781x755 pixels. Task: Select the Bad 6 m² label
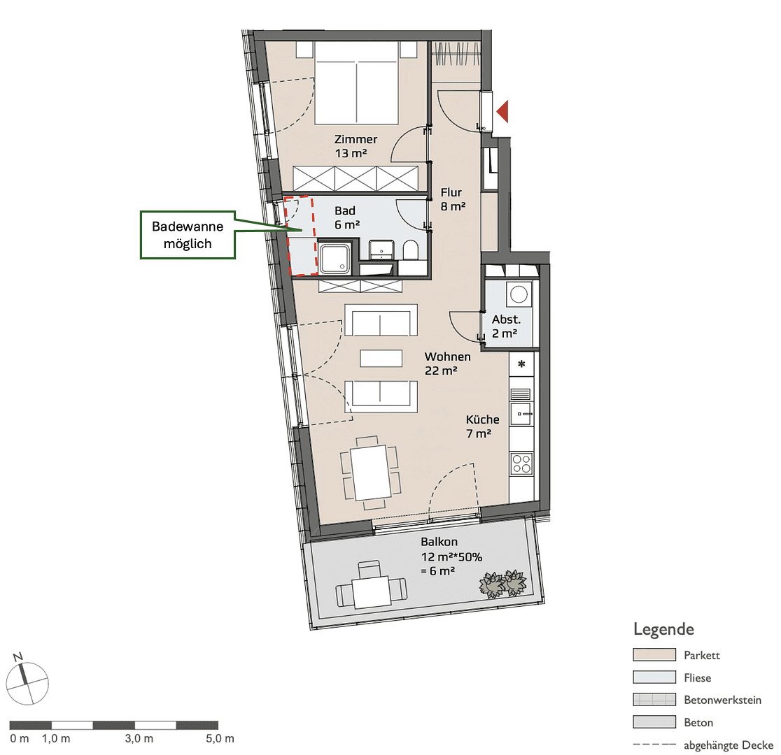pyautogui.click(x=346, y=217)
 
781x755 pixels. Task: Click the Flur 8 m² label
pyautogui.click(x=453, y=199)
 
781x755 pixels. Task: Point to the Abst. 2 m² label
pyautogui.click(x=505, y=326)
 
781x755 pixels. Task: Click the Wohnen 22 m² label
pyautogui.click(x=447, y=364)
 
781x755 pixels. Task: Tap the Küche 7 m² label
pyautogui.click(x=483, y=426)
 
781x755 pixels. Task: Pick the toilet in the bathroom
pyautogui.click(x=411, y=251)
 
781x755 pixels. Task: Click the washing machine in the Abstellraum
pyautogui.click(x=519, y=294)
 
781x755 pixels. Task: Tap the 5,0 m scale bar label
pyautogui.click(x=220, y=738)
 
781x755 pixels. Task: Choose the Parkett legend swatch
pyautogui.click(x=654, y=655)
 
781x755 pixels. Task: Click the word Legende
pyautogui.click(x=663, y=628)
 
